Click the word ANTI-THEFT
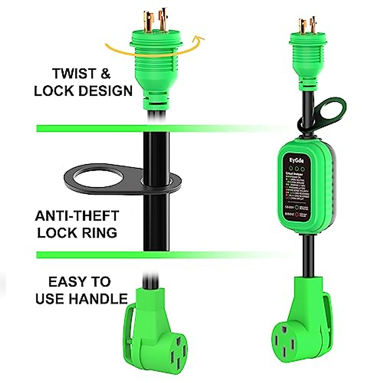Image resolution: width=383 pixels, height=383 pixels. coord(77,216)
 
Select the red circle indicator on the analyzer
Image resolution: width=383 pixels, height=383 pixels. coord(297,215)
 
